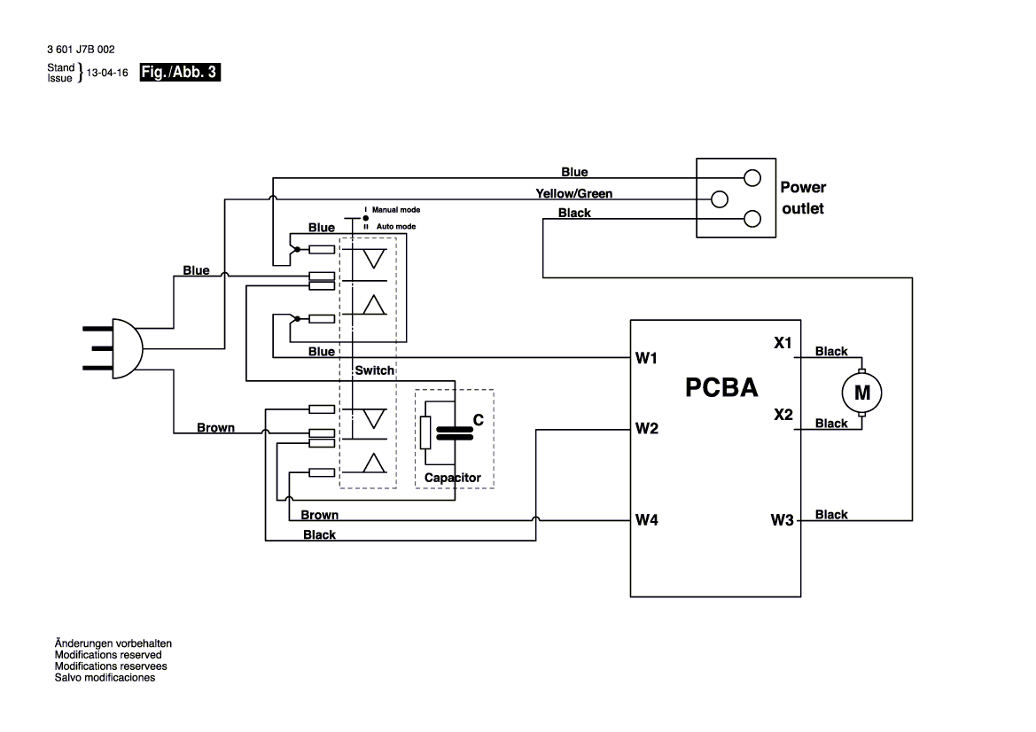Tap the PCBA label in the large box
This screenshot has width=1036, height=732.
[721, 388]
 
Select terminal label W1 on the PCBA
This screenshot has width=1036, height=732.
[646, 359]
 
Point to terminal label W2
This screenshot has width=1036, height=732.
[646, 430]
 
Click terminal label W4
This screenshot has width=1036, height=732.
[646, 520]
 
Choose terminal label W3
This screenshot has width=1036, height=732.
[782, 520]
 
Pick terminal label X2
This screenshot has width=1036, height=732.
[783, 415]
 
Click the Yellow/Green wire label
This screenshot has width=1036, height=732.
[573, 193]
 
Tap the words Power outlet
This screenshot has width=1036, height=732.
[802, 198]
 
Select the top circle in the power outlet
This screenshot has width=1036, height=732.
[752, 177]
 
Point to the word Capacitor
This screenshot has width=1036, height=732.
[452, 478]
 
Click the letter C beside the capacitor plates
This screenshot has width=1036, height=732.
[478, 421]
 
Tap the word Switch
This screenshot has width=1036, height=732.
[374, 370]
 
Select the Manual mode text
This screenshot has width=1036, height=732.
[395, 210]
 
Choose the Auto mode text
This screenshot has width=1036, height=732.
[393, 227]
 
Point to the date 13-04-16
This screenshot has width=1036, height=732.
[103, 74]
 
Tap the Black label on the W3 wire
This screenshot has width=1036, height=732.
[831, 514]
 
